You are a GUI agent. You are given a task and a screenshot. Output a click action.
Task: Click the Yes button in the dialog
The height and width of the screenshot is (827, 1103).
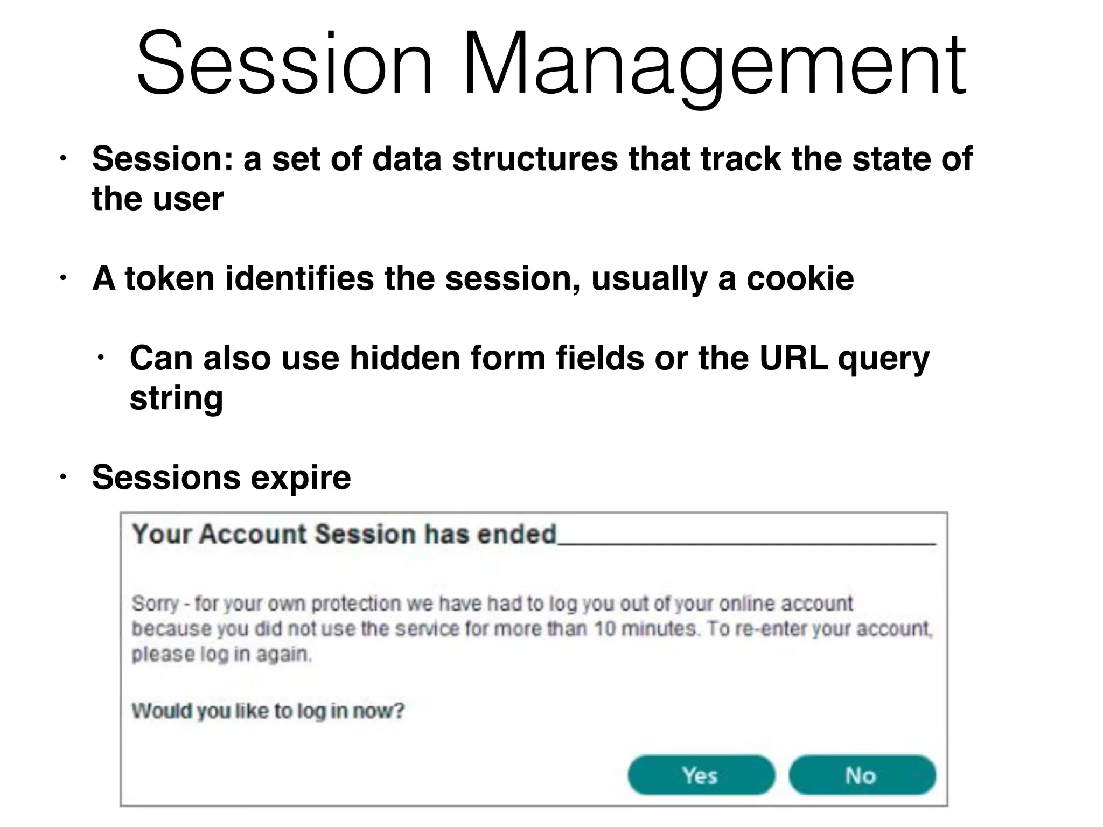point(701,775)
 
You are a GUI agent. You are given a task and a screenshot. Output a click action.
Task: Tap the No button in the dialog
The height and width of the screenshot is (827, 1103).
point(861,775)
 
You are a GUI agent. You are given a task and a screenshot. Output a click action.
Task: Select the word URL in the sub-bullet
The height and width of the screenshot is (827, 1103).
point(793,358)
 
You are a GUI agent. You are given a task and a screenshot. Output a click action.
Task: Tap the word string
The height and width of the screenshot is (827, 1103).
point(176,398)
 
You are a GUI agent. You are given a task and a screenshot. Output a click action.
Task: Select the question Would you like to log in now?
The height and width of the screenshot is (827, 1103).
point(268,711)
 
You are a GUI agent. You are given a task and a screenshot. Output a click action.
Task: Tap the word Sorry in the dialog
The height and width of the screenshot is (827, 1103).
point(155,604)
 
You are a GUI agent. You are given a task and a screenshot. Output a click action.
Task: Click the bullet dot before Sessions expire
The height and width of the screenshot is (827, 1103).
point(63,477)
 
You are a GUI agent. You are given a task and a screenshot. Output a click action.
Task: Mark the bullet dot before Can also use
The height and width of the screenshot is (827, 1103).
point(101,358)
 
